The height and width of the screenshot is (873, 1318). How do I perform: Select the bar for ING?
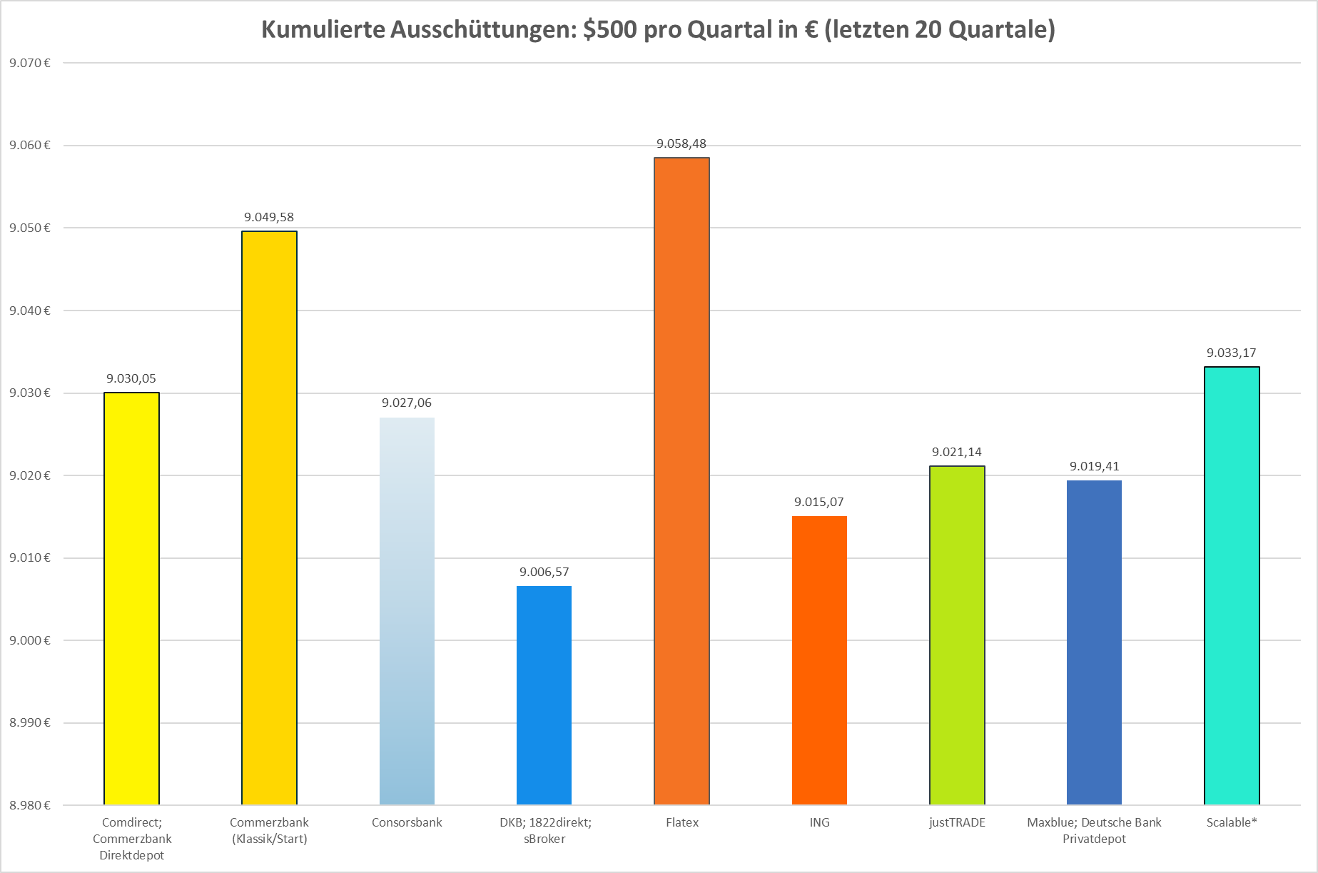tap(819, 660)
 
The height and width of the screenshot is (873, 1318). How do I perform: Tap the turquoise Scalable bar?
tap(1232, 585)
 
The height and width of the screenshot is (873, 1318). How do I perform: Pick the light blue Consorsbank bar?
tap(407, 610)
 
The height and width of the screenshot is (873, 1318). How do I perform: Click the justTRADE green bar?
tap(957, 635)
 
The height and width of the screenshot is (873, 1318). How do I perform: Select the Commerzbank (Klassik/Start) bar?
tap(269, 518)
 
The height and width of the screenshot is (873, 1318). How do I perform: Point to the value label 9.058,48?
tap(681, 144)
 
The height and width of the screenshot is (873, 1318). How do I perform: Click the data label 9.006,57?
tap(544, 572)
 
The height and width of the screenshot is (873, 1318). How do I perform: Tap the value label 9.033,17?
tap(1232, 353)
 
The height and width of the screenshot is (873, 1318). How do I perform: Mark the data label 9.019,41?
tap(1094, 467)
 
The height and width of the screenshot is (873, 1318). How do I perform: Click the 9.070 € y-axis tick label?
tap(30, 63)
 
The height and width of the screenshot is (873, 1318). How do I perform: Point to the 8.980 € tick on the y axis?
tap(30, 805)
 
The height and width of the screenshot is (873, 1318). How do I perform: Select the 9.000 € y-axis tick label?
tap(30, 640)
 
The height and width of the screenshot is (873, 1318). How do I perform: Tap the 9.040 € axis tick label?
tap(30, 311)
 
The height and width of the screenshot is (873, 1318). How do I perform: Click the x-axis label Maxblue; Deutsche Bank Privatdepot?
tap(1094, 830)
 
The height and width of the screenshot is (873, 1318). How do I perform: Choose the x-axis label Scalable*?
tap(1232, 822)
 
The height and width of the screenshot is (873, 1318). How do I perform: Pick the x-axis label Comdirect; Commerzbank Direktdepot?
tap(132, 839)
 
